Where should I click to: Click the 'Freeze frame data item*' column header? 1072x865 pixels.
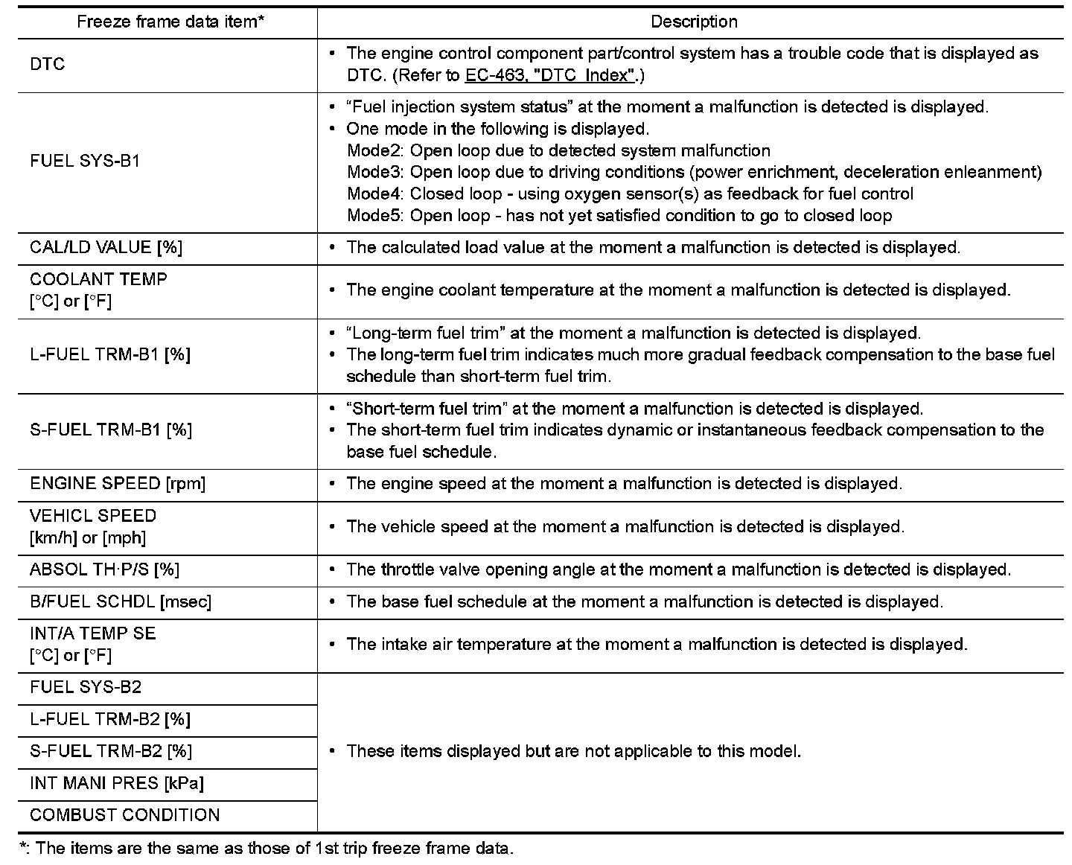[170, 22]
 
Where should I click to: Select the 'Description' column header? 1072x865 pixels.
[694, 22]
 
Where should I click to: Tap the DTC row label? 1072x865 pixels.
[48, 65]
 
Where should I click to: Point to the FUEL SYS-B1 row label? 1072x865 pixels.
[85, 161]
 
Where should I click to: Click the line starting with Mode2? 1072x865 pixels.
[558, 151]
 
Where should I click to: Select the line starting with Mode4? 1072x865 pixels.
[630, 194]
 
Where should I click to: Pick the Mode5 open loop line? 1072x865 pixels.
[619, 216]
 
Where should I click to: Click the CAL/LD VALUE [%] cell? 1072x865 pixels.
[106, 248]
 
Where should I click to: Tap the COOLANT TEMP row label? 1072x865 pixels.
[98, 290]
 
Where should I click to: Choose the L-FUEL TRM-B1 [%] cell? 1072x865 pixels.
[110, 355]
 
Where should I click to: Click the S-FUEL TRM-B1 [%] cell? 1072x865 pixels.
[111, 430]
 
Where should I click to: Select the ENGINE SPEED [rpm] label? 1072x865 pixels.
[118, 484]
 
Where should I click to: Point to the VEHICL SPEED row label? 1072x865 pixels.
[93, 526]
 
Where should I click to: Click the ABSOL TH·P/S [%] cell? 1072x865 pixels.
[104, 569]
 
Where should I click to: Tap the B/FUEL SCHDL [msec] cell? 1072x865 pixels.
[121, 601]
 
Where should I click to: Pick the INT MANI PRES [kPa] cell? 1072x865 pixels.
[117, 783]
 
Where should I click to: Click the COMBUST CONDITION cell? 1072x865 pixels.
[125, 815]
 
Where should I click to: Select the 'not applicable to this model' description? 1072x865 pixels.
[573, 751]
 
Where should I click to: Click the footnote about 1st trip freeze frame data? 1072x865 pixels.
[267, 849]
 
